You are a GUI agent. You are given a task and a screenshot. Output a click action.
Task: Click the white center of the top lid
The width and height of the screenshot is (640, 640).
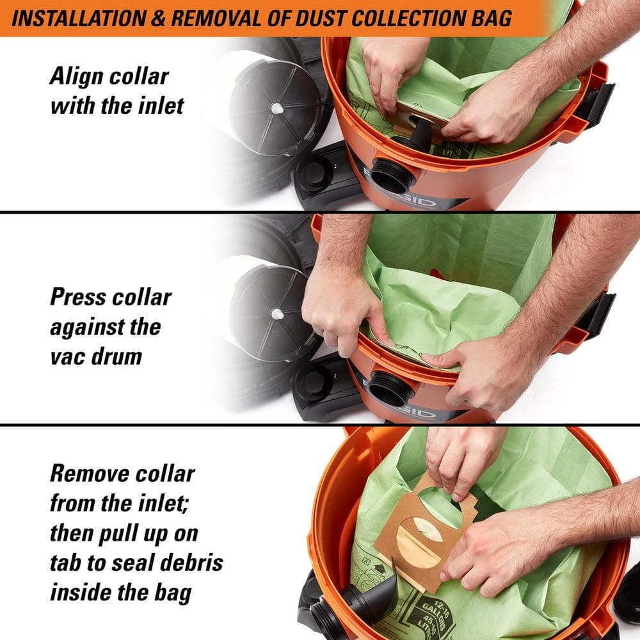click(277, 109)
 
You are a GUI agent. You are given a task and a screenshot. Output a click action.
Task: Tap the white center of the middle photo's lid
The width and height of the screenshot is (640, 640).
click(276, 314)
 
